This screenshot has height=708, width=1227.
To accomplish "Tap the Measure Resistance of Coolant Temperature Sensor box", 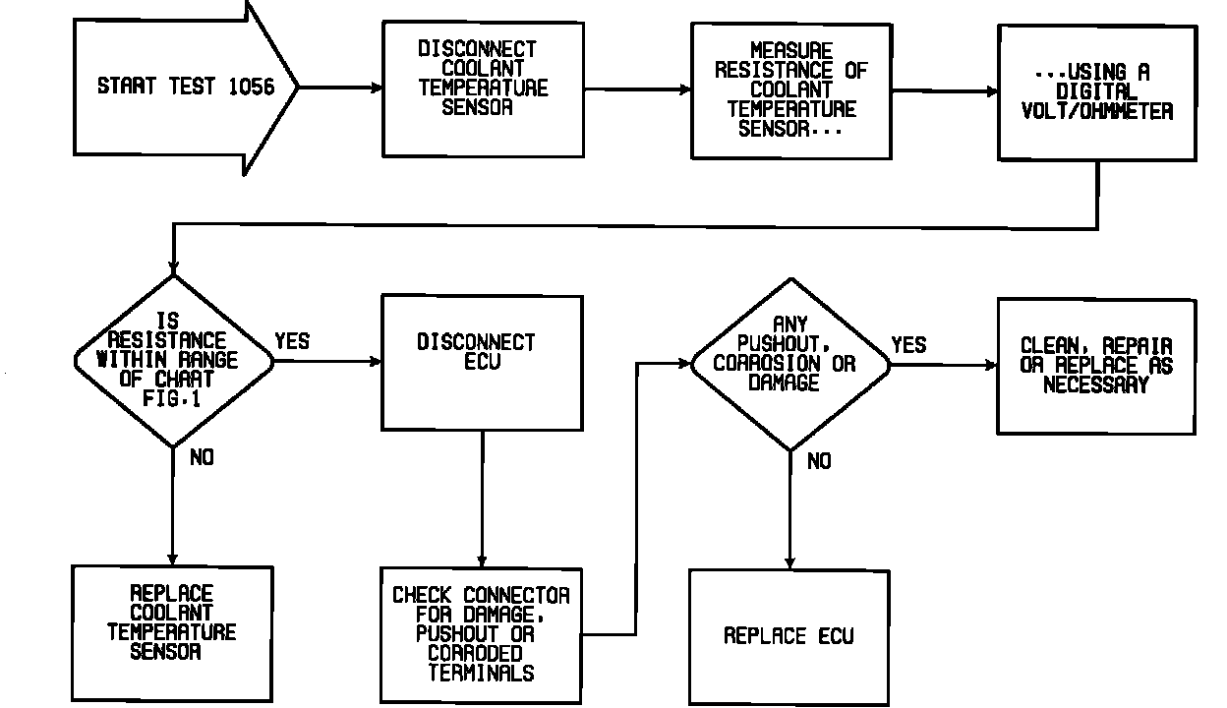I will pyautogui.click(x=790, y=90).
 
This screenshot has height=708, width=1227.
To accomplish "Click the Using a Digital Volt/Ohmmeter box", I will pyautogui.click(x=1097, y=92).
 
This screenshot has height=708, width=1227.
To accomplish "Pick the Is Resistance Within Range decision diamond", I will pyautogui.click(x=173, y=361).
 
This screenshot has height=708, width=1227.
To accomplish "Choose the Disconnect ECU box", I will pyautogui.click(x=482, y=361).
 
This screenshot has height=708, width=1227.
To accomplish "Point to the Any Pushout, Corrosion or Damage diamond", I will pyautogui.click(x=790, y=364).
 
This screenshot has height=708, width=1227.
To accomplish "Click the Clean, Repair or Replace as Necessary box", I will pyautogui.click(x=1097, y=366).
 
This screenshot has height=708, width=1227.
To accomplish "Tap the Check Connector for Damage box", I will pyautogui.click(x=482, y=634).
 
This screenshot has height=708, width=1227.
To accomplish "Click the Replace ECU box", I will pyautogui.click(x=789, y=635).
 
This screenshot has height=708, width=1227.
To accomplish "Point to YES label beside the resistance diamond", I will pyautogui.click(x=292, y=341).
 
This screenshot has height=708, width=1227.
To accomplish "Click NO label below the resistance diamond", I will pyautogui.click(x=201, y=458).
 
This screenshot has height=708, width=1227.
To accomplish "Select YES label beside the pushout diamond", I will pyautogui.click(x=908, y=344).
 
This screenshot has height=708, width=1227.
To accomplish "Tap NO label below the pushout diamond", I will pyautogui.click(x=818, y=460).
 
